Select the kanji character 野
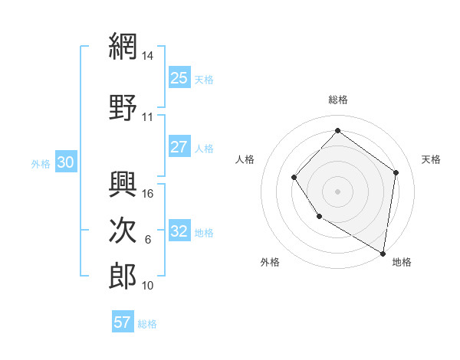pyautogui.click(x=123, y=109)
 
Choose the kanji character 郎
pyautogui.click(x=123, y=276)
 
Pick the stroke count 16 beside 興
pyautogui.click(x=149, y=194)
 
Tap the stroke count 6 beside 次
pyautogui.click(x=148, y=240)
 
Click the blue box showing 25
pyautogui.click(x=179, y=78)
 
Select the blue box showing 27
pyautogui.click(x=179, y=147)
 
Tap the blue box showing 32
pyautogui.click(x=179, y=231)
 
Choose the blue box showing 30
pyautogui.click(x=65, y=162)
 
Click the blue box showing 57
pyautogui.click(x=123, y=322)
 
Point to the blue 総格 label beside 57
pyautogui.click(x=147, y=324)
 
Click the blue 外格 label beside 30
pyautogui.click(x=41, y=163)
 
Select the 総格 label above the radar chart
pyautogui.click(x=337, y=100)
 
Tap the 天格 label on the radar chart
pyautogui.click(x=431, y=159)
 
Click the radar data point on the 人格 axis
pyautogui.click(x=294, y=178)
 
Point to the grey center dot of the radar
pyautogui.click(x=337, y=191)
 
